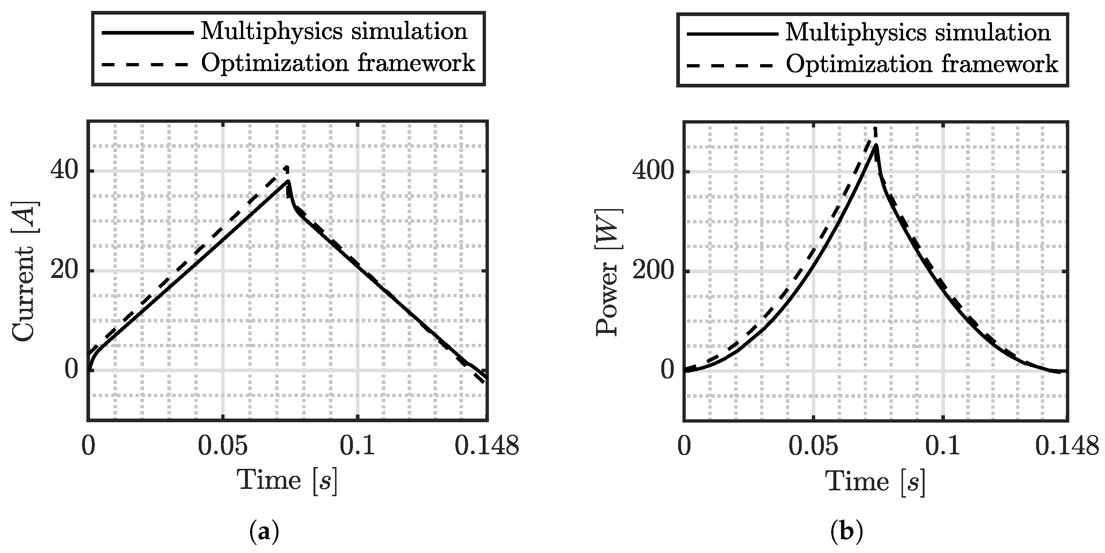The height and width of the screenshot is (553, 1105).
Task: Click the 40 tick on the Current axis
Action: coord(64,171)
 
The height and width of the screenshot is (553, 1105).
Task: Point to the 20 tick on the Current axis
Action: coord(64,271)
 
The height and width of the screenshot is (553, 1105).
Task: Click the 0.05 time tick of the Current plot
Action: coord(223,446)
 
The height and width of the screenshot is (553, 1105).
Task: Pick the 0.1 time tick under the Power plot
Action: coord(942,446)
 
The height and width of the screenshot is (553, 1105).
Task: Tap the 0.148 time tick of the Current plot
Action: coord(486,446)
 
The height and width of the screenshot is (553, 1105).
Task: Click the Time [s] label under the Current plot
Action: coord(287,481)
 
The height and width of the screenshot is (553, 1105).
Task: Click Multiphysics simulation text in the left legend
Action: coord(334,31)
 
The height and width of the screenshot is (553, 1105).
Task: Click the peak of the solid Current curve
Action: coord(289,181)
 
